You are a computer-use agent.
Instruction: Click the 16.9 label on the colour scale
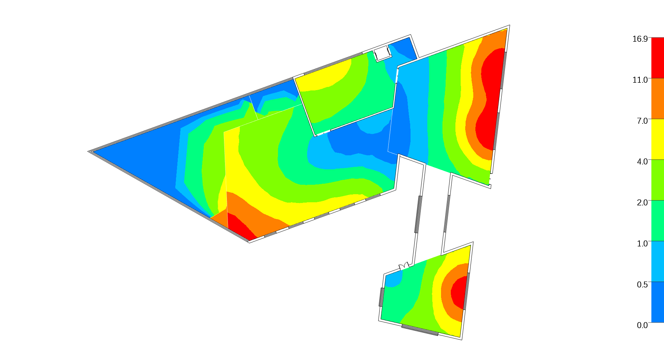640,39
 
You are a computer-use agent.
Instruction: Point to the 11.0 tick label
640,80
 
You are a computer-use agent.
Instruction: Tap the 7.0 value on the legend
642,121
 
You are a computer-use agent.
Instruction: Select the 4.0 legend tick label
642,162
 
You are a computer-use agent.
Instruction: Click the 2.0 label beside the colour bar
642,203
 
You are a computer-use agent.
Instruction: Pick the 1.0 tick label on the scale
642,244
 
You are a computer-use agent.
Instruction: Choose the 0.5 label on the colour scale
642,284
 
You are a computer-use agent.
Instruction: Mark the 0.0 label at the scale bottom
642,325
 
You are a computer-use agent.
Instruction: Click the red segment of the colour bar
657,58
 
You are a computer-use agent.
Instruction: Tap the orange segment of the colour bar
657,99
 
